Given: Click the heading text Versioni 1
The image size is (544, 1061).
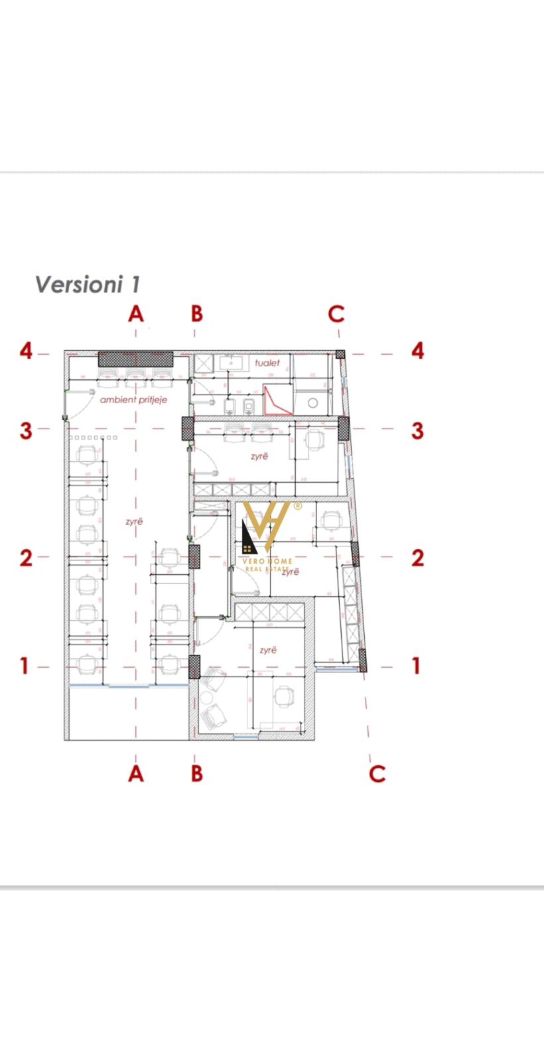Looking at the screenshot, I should pyautogui.click(x=88, y=284).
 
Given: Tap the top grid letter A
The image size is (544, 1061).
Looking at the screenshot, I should pyautogui.click(x=136, y=314).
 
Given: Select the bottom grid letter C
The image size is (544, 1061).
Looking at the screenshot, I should pyautogui.click(x=377, y=773).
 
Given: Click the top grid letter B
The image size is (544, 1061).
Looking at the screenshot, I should pyautogui.click(x=196, y=314).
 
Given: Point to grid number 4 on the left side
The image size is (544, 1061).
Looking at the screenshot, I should pyautogui.click(x=26, y=351).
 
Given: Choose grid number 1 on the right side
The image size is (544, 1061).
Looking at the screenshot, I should pyautogui.click(x=417, y=665).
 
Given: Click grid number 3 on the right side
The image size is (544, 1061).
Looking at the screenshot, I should pyautogui.click(x=417, y=430).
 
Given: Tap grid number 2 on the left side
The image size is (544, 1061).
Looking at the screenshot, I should pyautogui.click(x=26, y=558).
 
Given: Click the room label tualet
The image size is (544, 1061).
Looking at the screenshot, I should pyautogui.click(x=267, y=363).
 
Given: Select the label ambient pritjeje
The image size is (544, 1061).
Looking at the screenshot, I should pyautogui.click(x=133, y=400).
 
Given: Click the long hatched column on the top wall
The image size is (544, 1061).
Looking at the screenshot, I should pyautogui.click(x=135, y=359).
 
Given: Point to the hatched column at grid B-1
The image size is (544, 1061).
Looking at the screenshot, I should pyautogui.click(x=194, y=666).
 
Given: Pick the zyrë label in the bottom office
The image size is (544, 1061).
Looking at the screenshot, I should pyautogui.click(x=268, y=651).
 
